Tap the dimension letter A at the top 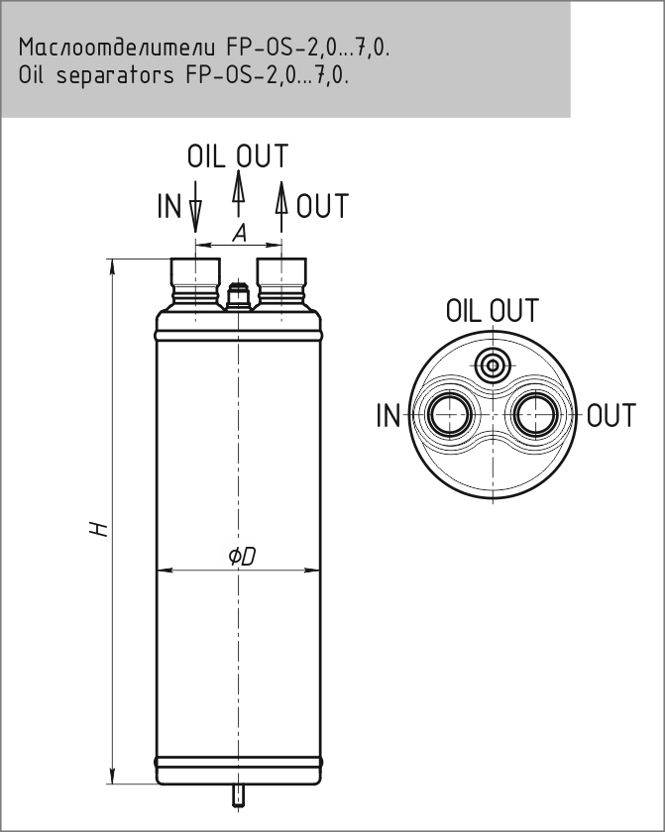pos(239,233)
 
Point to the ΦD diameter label pos(241,557)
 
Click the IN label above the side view pos(169,207)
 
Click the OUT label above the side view pos(323,207)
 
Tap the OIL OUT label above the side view pos(238,156)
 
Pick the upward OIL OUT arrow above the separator pos(238,189)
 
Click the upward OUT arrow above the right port pos(281,198)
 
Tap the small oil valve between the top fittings pos(238,295)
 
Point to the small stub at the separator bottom pos(238,794)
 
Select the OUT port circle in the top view pos(536,415)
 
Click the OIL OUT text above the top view pos(493,311)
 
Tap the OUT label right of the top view pos(611,416)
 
